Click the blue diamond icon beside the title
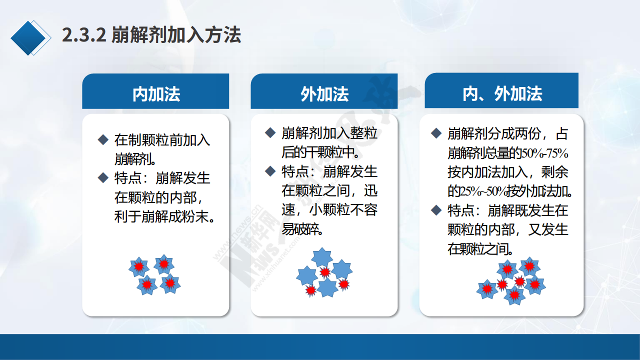[28, 38]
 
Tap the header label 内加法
[156, 94]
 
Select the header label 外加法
[324, 94]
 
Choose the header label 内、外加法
[502, 93]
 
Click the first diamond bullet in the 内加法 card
[103, 139]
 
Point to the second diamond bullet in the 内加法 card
[103, 177]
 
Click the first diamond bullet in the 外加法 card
[270, 132]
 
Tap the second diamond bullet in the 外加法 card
[270, 171]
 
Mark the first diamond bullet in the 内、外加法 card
[436, 133]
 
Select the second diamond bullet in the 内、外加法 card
[436, 210]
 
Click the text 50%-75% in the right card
[545, 153]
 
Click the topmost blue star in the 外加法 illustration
[322, 257]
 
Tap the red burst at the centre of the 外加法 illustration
[325, 272]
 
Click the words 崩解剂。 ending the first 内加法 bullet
[135, 159]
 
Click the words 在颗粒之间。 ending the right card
[480, 249]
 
